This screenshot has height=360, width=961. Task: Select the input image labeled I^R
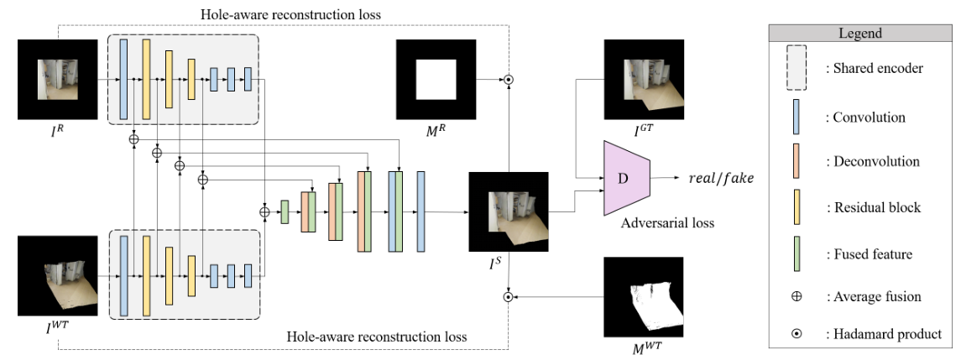coord(57,81)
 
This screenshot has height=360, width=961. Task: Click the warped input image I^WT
coord(57,275)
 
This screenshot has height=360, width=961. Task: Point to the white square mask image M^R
coord(436,81)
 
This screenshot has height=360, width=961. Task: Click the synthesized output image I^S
coord(508,211)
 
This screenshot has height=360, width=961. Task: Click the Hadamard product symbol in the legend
coord(796,333)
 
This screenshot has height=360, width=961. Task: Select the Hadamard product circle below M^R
coord(508,81)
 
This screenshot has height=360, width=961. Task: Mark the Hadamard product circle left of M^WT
coord(508,296)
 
